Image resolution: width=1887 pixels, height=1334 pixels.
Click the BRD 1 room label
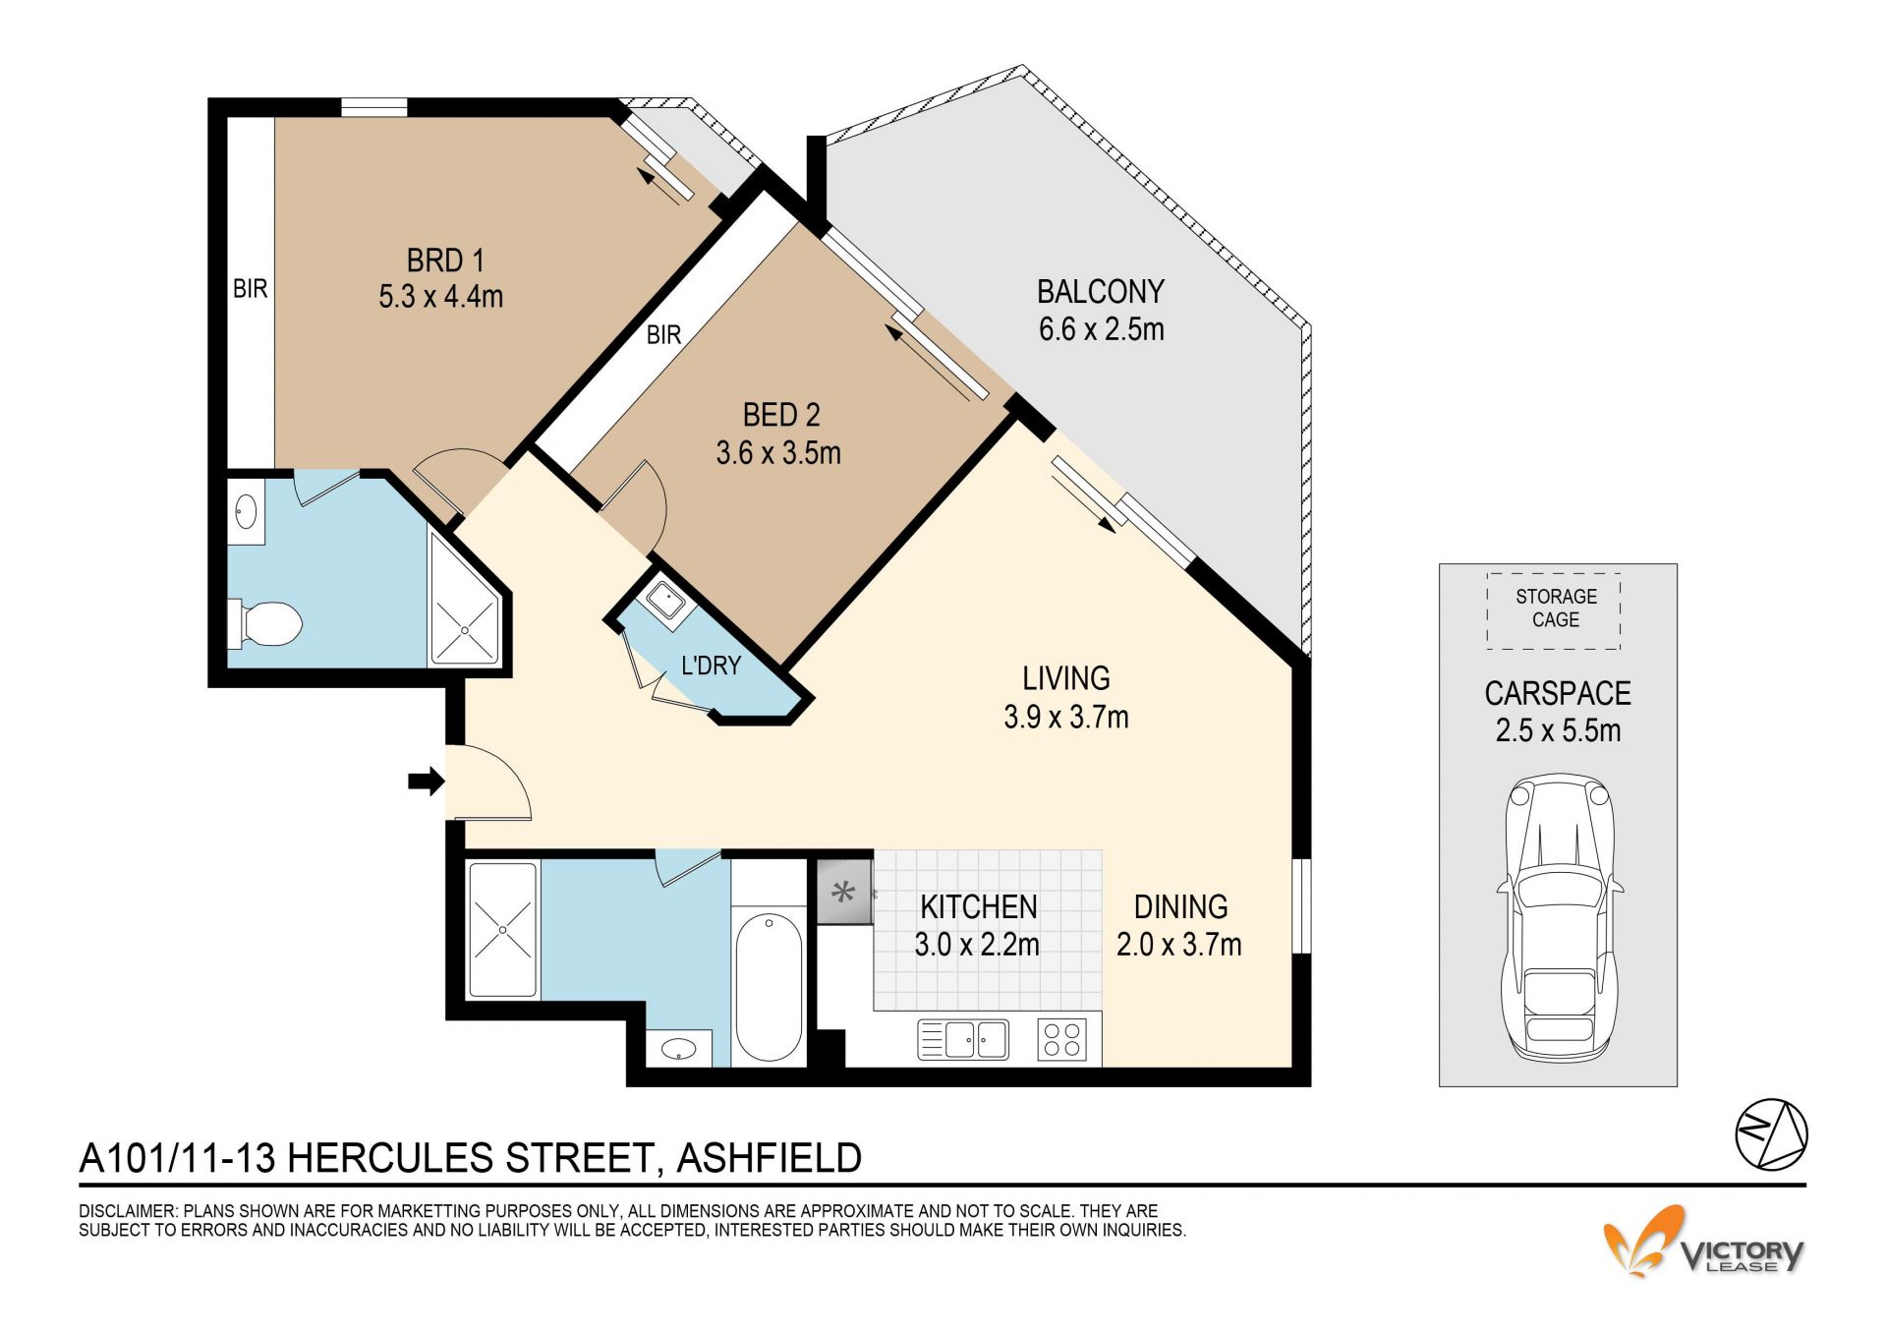445,261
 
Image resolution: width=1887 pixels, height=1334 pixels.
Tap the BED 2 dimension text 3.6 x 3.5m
778,453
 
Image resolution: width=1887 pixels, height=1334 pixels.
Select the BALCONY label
1101,292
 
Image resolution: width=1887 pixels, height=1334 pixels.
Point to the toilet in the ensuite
265,623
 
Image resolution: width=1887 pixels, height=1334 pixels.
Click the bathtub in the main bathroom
768,987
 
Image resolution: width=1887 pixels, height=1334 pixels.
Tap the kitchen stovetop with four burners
1062,1040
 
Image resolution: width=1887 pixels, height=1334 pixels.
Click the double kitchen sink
963,1040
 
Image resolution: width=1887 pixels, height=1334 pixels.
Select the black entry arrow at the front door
427,782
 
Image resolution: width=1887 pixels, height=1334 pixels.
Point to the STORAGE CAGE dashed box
1554,610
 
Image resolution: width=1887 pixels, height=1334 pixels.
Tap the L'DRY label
711,666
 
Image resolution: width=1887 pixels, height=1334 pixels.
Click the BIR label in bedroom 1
250,289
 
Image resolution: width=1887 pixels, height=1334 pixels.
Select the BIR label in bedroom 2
663,335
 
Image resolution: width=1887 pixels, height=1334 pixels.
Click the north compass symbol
1771,1135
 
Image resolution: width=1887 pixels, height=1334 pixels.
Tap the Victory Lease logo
1703,1242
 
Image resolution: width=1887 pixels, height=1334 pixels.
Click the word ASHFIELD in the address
770,1158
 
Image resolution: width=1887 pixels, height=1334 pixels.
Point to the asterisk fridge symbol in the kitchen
843,893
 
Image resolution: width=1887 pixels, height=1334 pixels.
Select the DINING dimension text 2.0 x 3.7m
1178,945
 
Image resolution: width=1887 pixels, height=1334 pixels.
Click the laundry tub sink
661,598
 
